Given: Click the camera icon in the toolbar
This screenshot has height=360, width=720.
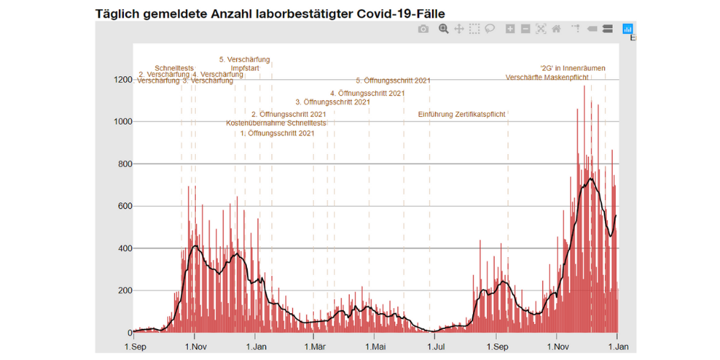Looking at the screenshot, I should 423,29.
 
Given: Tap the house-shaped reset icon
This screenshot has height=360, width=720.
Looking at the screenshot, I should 556,29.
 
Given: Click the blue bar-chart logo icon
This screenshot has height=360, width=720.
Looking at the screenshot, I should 627,29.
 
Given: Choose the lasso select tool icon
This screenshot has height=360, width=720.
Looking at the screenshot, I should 490,29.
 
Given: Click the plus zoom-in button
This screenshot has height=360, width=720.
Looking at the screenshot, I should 510,29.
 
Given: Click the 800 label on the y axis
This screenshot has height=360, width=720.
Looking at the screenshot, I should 123,164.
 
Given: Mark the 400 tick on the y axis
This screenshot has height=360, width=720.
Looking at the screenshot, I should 123,249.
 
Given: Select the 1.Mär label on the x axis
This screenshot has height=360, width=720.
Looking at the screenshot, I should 314,346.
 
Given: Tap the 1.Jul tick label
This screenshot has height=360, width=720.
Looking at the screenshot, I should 435,346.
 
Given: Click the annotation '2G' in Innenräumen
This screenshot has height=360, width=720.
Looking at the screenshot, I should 572,68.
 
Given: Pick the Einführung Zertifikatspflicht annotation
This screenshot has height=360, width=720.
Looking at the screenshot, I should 462,114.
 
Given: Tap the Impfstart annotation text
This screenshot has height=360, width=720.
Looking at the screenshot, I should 246,68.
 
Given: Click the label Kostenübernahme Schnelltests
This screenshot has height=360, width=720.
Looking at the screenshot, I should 276,123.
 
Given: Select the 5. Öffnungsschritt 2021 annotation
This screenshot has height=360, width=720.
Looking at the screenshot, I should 392,81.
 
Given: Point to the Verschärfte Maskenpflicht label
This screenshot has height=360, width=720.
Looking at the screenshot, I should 547,77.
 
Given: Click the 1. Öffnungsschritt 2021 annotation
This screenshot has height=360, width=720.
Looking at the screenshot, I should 277,133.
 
